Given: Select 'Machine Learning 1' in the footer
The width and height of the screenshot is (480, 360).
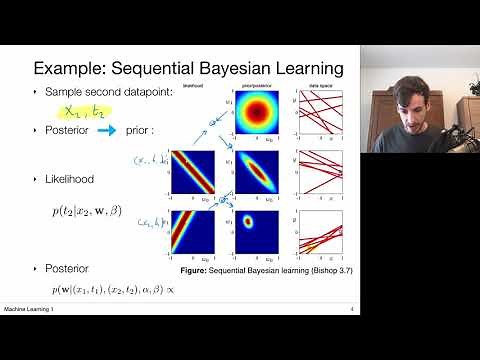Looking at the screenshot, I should pos(27,308).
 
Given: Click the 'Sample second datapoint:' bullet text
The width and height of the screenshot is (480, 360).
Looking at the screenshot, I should pos(108,90).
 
